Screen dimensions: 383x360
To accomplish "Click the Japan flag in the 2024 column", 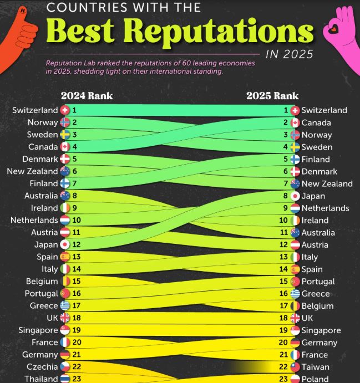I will [65, 244].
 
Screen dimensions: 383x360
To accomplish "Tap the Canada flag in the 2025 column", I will [295, 122].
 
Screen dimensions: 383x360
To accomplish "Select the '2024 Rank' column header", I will [87, 95].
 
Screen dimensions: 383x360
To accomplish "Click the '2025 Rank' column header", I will [272, 95].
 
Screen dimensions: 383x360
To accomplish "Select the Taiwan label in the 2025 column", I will [316, 367].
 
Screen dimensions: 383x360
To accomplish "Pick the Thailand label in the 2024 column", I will [40, 379].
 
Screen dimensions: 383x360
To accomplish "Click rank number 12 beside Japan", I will [76, 244].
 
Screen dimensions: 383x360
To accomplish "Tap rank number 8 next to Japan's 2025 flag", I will [286, 196].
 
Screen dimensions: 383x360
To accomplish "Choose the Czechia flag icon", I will [65, 367].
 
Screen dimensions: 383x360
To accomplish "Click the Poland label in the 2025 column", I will [315, 379].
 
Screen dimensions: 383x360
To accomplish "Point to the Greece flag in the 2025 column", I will [295, 294].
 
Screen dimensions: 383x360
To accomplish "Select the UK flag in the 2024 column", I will [65, 318].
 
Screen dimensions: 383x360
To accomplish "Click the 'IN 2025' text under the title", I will [289, 54].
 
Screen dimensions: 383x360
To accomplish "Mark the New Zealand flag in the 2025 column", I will [295, 183].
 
